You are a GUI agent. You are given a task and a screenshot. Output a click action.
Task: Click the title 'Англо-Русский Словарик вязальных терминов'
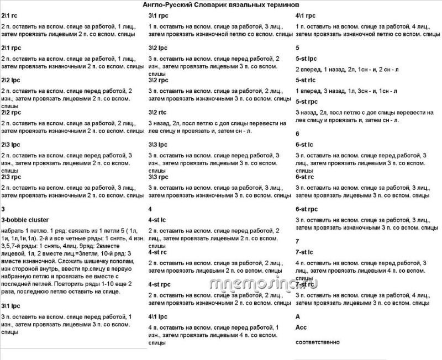click(220, 4)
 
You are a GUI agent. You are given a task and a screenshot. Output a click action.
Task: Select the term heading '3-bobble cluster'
click(23, 220)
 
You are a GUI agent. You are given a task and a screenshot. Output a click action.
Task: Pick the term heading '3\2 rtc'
click(158, 113)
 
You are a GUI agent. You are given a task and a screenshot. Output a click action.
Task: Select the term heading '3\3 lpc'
click(159, 145)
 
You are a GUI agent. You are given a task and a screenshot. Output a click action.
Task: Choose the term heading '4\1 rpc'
click(306, 16)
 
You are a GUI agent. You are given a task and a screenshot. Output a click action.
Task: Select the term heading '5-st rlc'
click(306, 80)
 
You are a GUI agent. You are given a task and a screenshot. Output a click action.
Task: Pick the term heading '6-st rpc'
click(307, 209)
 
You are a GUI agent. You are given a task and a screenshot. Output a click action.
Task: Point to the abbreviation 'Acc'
click(301, 327)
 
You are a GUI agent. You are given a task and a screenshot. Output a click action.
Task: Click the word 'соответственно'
click(318, 342)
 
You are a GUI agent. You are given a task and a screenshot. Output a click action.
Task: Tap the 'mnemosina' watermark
click(265, 284)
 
